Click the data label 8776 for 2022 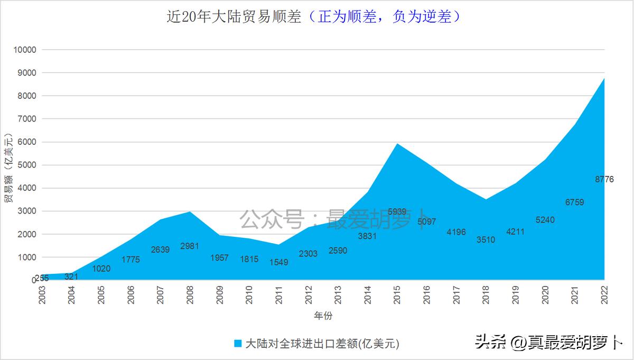tap(604, 180)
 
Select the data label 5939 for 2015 tap(397, 212)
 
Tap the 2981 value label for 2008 tap(190, 246)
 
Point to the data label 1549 tap(278, 262)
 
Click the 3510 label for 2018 tap(486, 239)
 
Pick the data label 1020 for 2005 tap(101, 268)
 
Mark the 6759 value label tap(574, 202)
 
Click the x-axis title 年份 tap(323, 316)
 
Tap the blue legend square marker tap(238, 343)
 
